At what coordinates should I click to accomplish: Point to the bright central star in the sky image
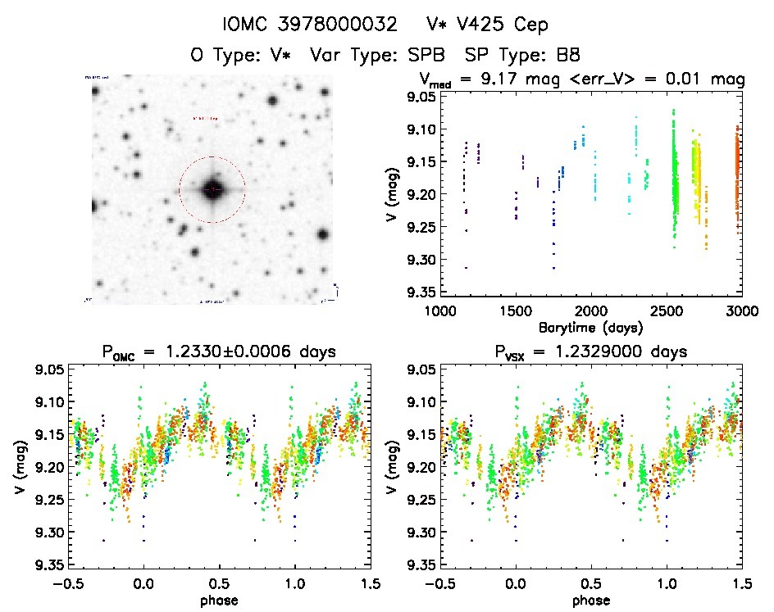212,189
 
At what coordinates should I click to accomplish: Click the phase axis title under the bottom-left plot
217,600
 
